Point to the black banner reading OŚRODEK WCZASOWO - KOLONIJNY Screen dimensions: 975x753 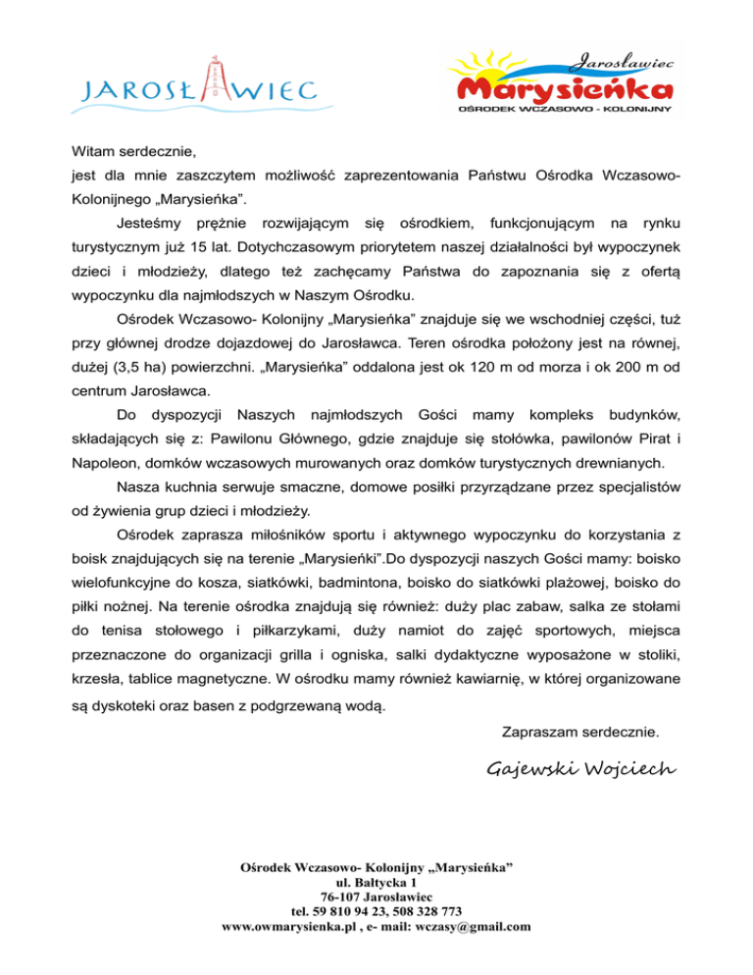click(565, 110)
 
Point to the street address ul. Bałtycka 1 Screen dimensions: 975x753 click(376, 882)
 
